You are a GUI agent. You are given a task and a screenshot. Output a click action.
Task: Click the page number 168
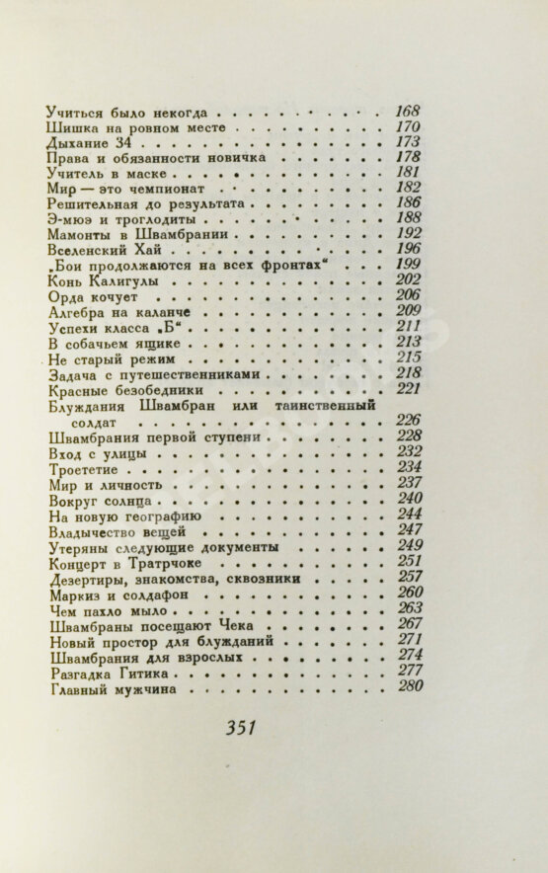click(407, 111)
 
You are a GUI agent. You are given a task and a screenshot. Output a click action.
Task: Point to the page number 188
click(408, 218)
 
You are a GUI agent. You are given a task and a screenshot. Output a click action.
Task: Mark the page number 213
click(408, 342)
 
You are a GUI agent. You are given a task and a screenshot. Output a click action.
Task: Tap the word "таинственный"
click(337, 407)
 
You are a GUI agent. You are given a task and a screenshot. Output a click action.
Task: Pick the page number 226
click(408, 420)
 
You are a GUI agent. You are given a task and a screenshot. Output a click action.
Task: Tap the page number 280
click(408, 687)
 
